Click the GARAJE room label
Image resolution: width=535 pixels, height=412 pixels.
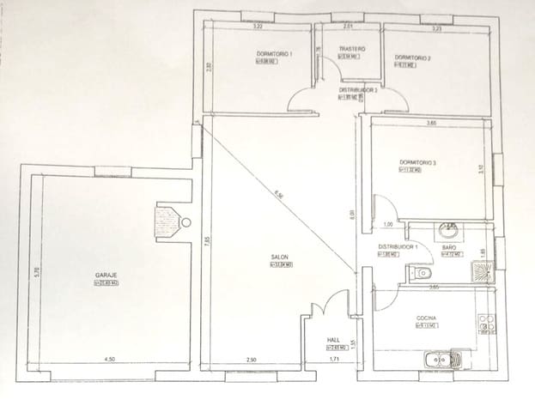point(106,276)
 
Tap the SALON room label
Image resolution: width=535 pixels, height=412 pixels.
point(279,257)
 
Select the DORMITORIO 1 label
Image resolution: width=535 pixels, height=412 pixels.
point(275,54)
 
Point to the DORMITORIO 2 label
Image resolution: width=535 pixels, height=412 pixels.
point(412,58)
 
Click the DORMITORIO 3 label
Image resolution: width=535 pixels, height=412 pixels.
point(418,162)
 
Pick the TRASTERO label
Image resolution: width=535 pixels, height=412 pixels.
point(352,50)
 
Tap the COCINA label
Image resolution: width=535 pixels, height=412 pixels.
point(428,318)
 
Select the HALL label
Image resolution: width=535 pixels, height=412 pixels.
point(334,341)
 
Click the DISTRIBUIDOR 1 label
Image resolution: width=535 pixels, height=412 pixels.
point(398,246)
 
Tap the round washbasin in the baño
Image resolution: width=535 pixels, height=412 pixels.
point(447,230)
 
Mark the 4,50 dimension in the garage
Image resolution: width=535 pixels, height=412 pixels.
point(110,359)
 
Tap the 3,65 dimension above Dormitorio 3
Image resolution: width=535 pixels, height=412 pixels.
point(431,124)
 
